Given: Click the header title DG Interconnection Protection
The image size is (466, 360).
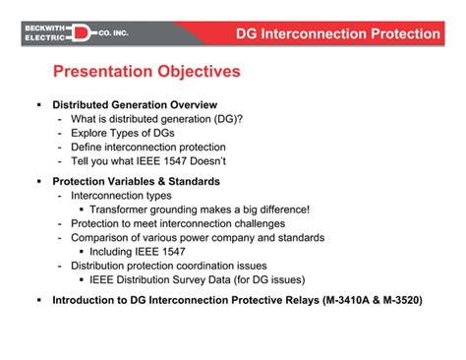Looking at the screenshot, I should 338,34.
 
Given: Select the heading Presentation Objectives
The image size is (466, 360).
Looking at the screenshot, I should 146,72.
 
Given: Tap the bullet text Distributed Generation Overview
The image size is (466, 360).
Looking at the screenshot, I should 135,104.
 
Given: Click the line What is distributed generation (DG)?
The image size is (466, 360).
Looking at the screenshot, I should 156,119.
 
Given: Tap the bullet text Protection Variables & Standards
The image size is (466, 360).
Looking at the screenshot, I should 136,182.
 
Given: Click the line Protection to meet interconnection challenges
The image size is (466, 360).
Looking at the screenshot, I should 180,223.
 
